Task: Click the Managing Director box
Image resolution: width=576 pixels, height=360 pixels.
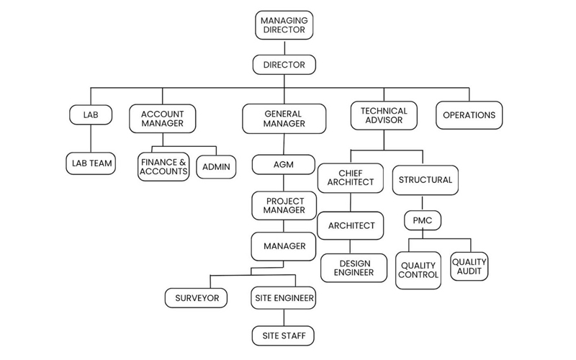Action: click(284, 25)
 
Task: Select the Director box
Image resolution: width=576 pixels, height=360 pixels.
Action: click(284, 65)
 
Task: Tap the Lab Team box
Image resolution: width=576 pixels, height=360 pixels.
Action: click(91, 163)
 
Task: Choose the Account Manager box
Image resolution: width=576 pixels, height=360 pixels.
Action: click(162, 118)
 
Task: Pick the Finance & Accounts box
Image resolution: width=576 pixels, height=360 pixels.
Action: click(163, 167)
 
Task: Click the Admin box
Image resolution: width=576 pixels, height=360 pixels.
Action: click(216, 167)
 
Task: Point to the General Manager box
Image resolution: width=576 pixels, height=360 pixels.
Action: click(284, 118)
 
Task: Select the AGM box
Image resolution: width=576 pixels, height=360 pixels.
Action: click(284, 164)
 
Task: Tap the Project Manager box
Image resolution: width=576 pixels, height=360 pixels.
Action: click(284, 205)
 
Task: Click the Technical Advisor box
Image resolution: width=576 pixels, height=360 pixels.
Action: click(384, 115)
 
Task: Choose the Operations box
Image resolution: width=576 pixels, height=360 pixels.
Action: click(469, 115)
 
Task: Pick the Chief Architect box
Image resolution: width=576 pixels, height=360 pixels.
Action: click(351, 177)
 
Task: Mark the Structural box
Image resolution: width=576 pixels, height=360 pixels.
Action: click(425, 179)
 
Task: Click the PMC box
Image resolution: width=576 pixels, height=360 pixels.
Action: click(422, 220)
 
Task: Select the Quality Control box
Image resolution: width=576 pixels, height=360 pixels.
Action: click(418, 270)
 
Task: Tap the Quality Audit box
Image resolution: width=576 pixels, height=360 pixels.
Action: click(469, 266)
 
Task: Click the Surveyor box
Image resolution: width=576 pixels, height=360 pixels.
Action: click(197, 297)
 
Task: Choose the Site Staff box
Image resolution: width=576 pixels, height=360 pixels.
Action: click(284, 336)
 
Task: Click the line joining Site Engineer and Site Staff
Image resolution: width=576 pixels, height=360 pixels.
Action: click(284, 316)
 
